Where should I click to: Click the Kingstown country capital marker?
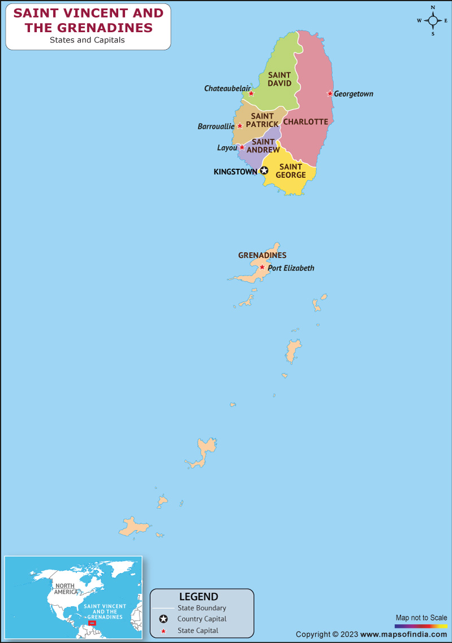264,170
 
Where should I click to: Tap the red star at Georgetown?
330,94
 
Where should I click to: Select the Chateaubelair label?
227,89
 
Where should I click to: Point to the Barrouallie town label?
216,126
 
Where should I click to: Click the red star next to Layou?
242,147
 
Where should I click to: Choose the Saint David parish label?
280,79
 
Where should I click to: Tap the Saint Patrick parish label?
262,120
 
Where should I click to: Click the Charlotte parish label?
306,122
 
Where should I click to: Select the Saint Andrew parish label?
263,146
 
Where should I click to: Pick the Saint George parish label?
290,170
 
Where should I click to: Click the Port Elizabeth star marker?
262,267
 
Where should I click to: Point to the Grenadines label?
262,256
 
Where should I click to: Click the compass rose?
433,20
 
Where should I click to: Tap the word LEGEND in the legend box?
198,597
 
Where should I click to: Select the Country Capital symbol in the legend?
164,619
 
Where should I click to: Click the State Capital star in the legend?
164,631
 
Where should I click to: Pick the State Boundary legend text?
202,608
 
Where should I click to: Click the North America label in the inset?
66,589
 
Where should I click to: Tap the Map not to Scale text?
421,618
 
